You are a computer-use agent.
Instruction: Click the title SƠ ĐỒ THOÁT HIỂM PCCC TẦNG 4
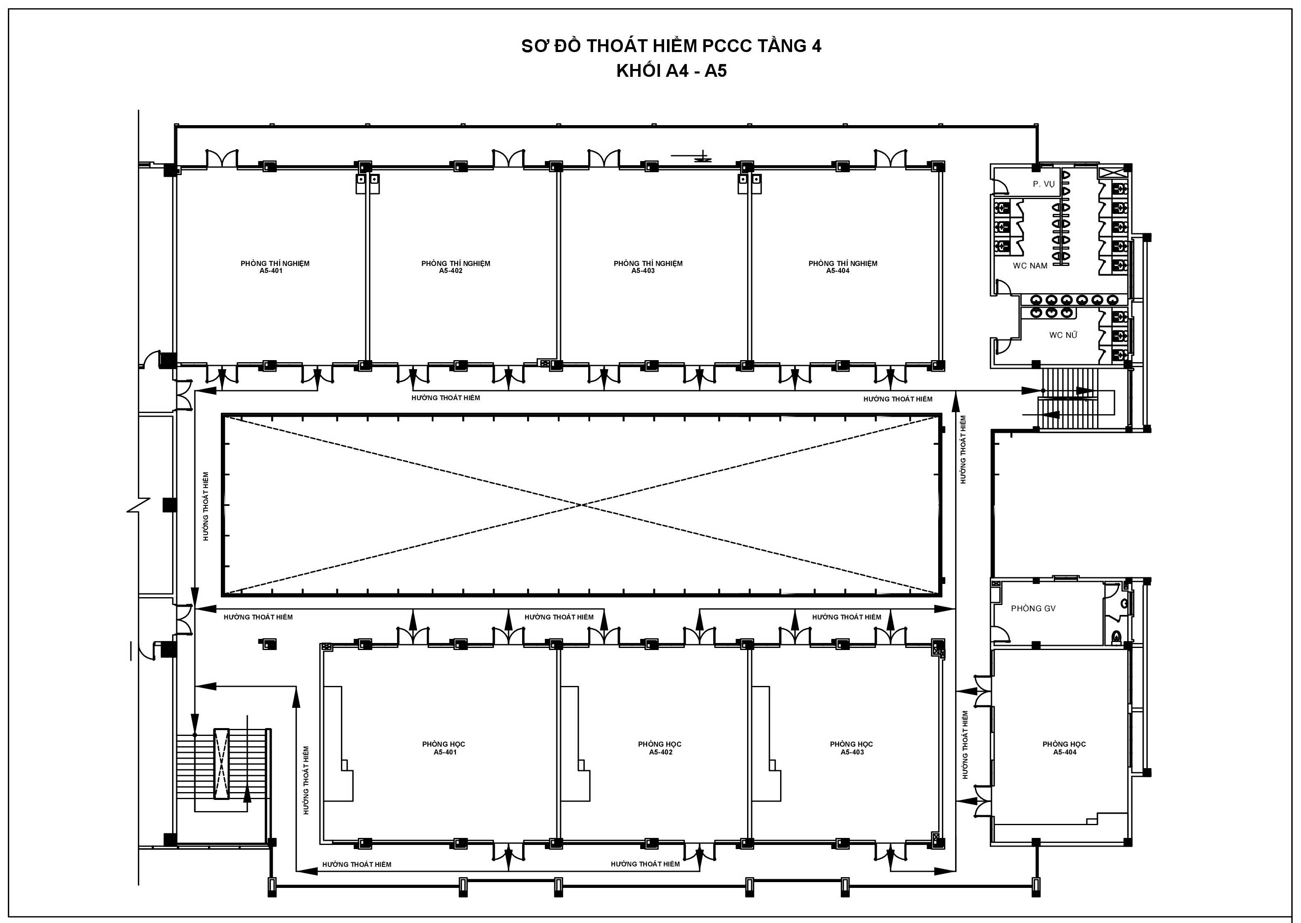[x=671, y=45]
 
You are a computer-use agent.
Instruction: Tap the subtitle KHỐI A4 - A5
[x=671, y=71]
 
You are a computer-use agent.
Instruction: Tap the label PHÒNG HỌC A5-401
[x=444, y=748]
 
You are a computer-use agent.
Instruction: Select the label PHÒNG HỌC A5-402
[x=659, y=748]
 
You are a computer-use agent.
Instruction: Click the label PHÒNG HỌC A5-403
[x=851, y=748]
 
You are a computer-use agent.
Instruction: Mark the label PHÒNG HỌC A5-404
[x=1064, y=748]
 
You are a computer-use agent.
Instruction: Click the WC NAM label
[x=1030, y=266]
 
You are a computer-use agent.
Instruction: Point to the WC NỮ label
[x=1063, y=335]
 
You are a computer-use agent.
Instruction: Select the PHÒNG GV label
[x=1033, y=608]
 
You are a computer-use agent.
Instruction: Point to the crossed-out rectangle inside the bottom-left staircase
[x=221, y=763]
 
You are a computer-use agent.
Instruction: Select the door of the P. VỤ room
[x=999, y=184]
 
